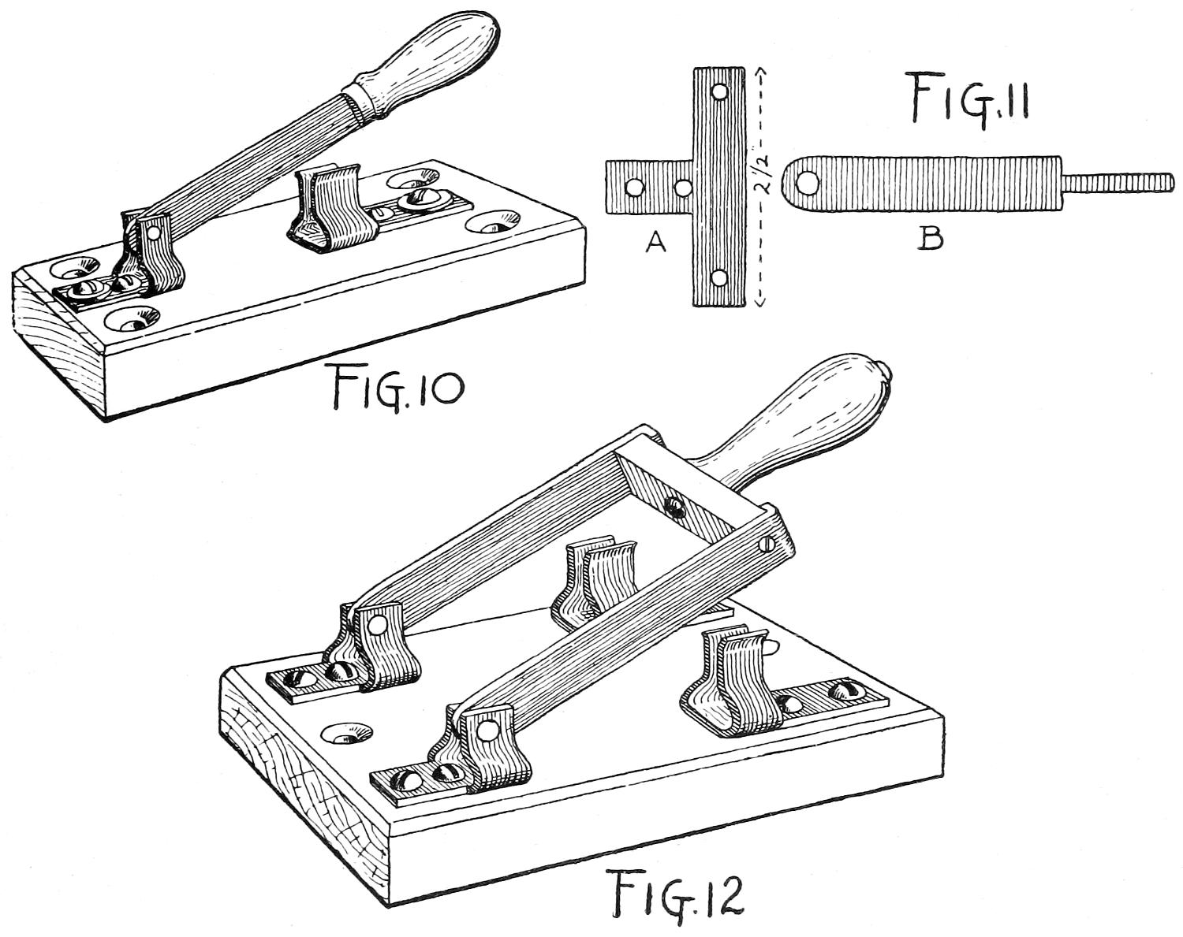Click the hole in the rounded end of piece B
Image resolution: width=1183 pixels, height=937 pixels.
(x=805, y=184)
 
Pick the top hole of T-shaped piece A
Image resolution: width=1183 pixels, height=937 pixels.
(x=719, y=92)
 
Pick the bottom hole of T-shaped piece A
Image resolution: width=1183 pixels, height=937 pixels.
(x=718, y=278)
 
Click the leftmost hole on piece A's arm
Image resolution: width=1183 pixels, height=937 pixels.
(x=632, y=188)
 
